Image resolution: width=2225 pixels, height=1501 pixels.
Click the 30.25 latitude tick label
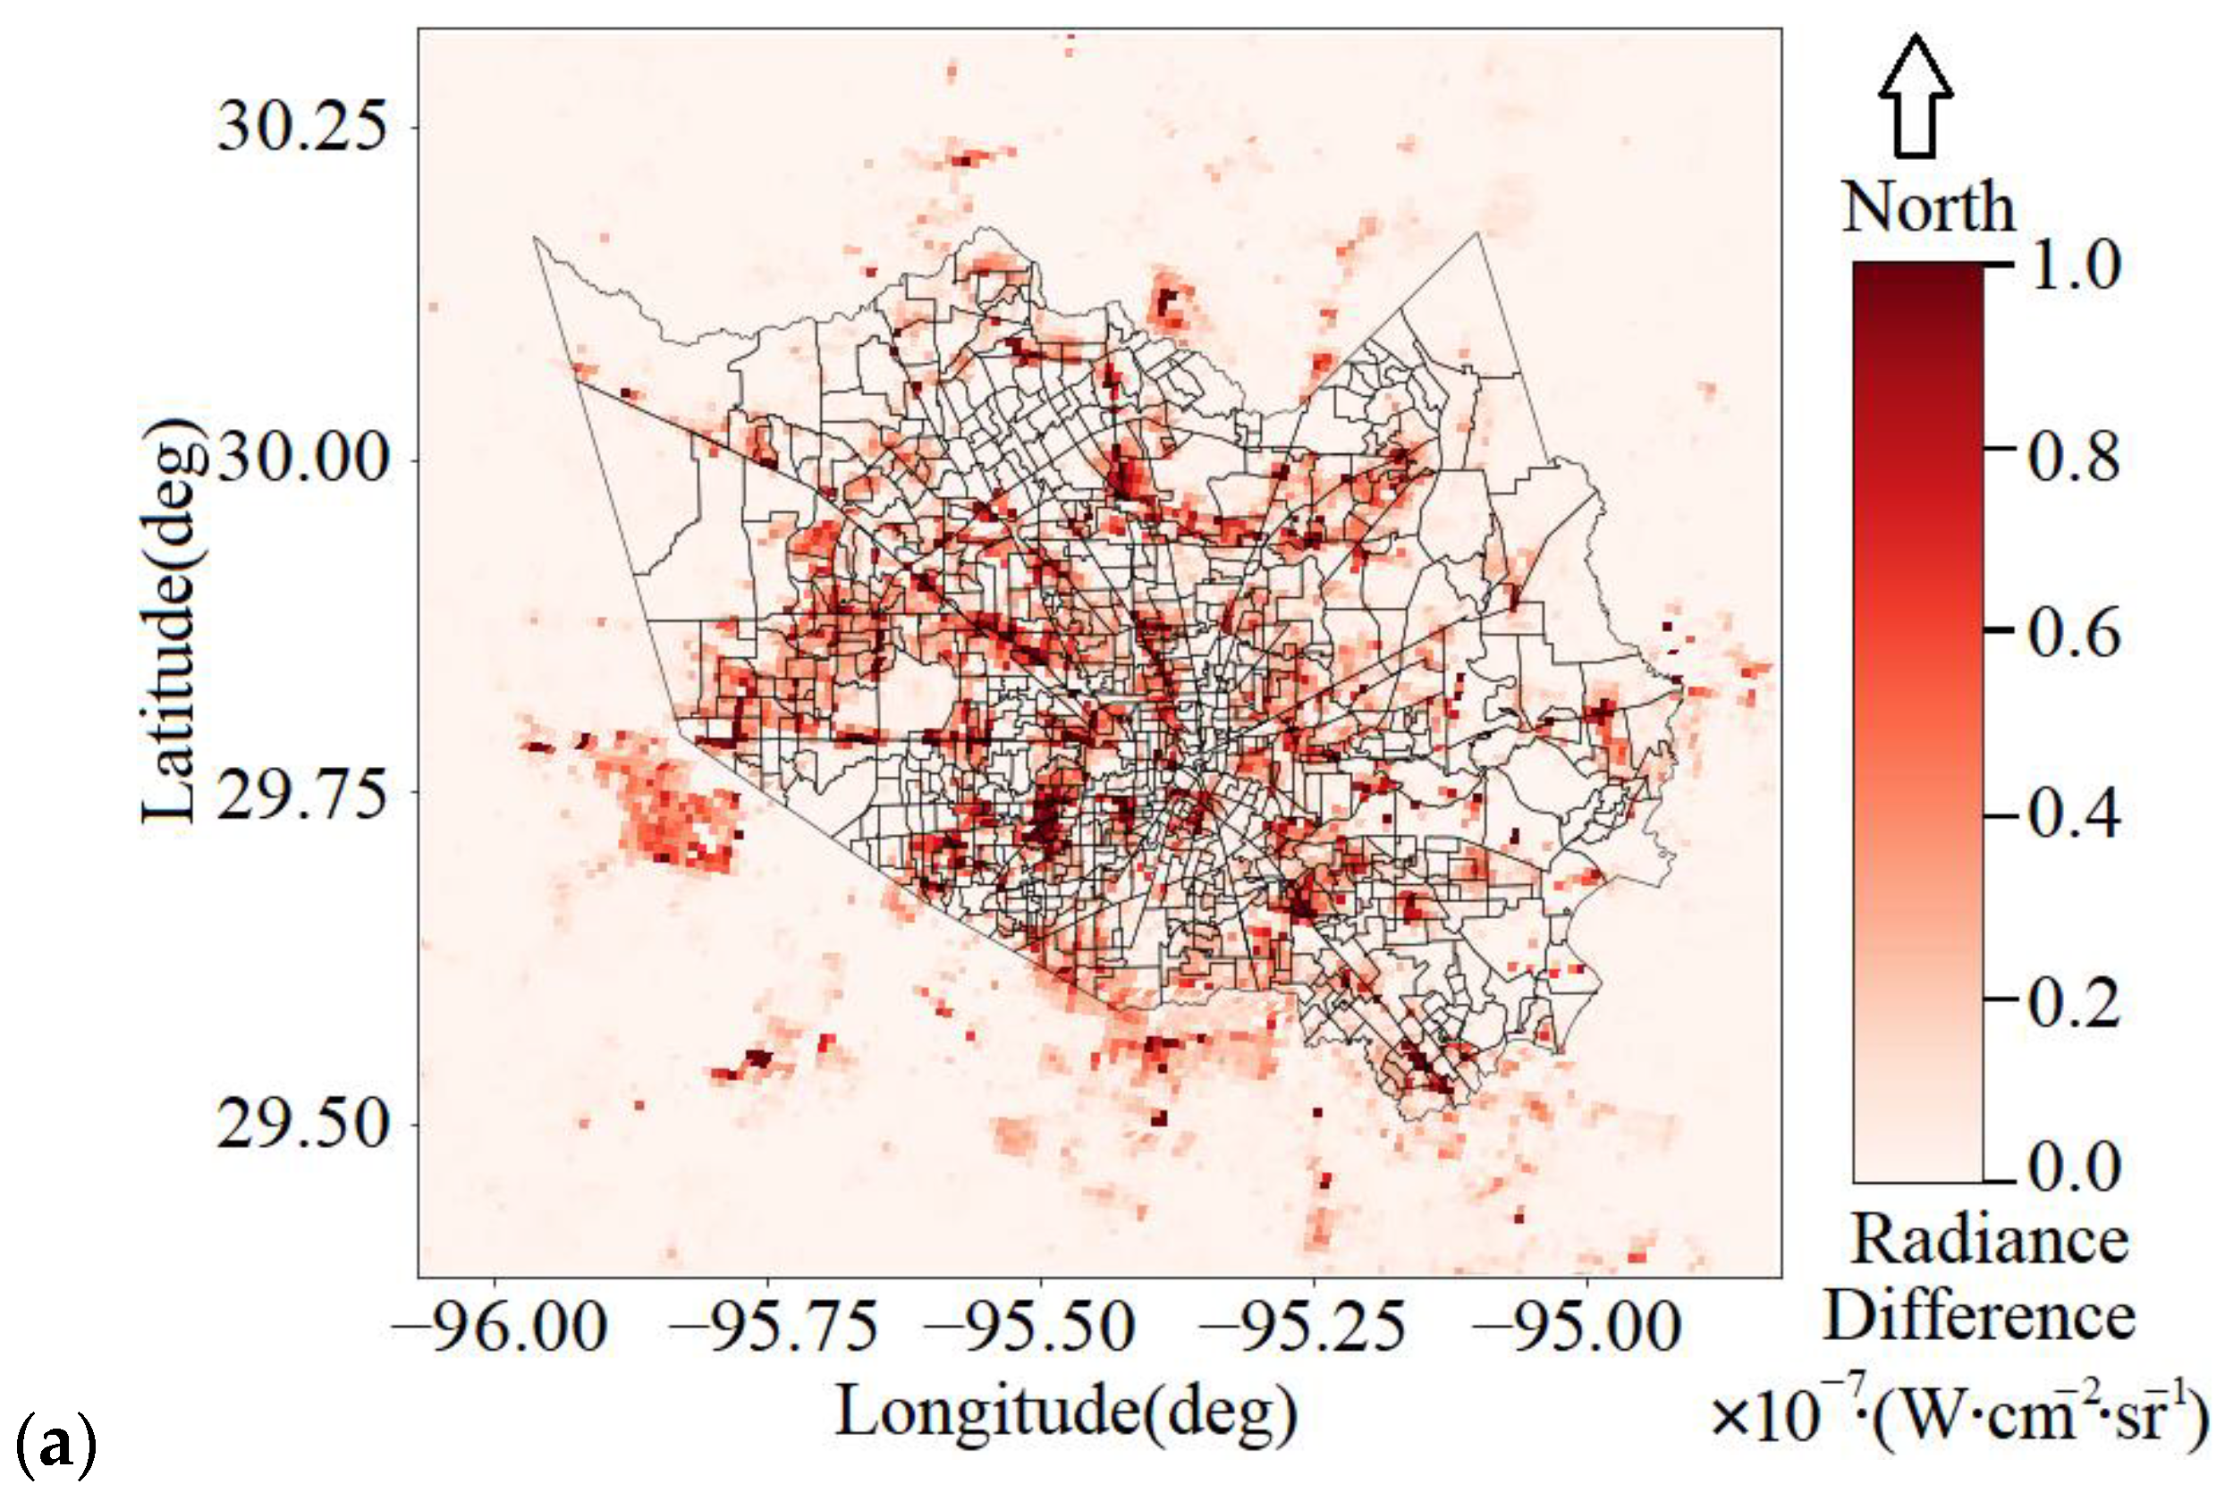[303, 126]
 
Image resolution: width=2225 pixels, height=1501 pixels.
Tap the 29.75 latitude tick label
[303, 793]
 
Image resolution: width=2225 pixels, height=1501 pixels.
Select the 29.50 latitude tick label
[303, 1124]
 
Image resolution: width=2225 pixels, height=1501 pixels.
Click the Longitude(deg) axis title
[1067, 1412]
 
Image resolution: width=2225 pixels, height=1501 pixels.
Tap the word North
[1927, 207]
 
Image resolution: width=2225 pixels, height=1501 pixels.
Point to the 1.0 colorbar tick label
[2074, 265]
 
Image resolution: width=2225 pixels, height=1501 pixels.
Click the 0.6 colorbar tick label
[2074, 632]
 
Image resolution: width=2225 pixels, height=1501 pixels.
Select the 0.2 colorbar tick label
[2074, 1001]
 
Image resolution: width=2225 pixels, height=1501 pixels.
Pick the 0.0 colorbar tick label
[2074, 1168]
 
